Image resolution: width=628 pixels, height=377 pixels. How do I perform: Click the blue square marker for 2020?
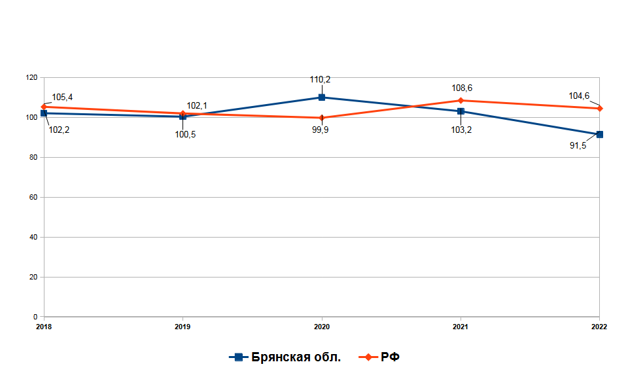[x=322, y=98]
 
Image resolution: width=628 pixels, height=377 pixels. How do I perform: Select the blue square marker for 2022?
[x=599, y=134]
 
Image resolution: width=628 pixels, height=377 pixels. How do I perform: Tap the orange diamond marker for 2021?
[x=461, y=101]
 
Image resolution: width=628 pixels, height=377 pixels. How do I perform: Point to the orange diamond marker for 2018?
[x=44, y=107]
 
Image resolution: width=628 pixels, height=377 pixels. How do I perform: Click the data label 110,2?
[x=321, y=80]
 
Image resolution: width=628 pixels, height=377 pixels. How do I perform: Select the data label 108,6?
[x=462, y=88]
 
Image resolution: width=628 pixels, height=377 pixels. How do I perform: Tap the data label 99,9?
[x=321, y=130]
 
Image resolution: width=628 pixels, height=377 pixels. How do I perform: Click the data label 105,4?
[x=62, y=98]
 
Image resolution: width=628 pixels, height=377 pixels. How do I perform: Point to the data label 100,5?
[x=185, y=135]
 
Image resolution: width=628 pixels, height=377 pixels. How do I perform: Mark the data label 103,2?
[x=461, y=130]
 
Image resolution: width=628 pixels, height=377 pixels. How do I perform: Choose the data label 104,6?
[x=579, y=96]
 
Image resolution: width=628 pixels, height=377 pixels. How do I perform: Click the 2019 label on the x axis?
[x=183, y=326]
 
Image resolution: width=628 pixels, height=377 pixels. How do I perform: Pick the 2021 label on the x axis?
[x=461, y=326]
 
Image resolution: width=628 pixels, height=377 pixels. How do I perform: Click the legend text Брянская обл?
[x=296, y=357]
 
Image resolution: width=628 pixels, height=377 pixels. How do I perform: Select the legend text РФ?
[x=390, y=357]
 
